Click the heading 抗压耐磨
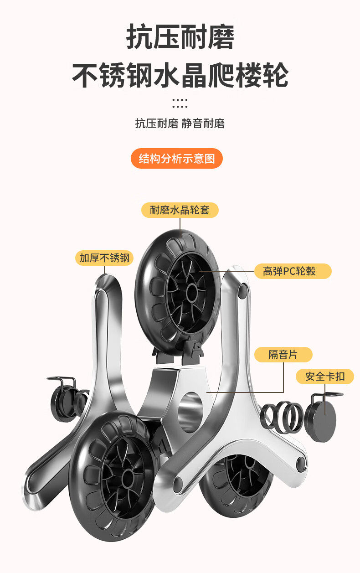[x=180, y=37]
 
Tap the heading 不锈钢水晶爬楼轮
[x=180, y=75]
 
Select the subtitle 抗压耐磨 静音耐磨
[x=180, y=124]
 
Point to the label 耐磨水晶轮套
[x=180, y=210]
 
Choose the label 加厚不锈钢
[x=104, y=258]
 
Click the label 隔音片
[x=283, y=354]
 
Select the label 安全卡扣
[x=324, y=377]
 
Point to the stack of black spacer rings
[x=283, y=416]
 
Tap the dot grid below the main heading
[x=180, y=103]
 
